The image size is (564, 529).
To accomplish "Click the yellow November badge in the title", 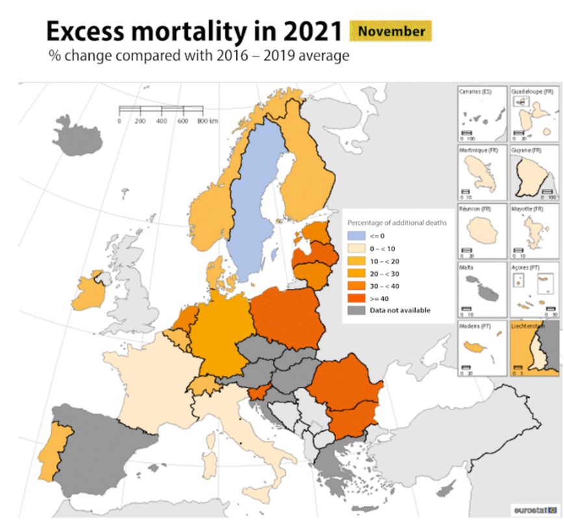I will (x=391, y=31).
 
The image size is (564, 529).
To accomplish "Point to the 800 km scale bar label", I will (x=207, y=121).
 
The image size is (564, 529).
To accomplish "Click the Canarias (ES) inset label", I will (x=476, y=92).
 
